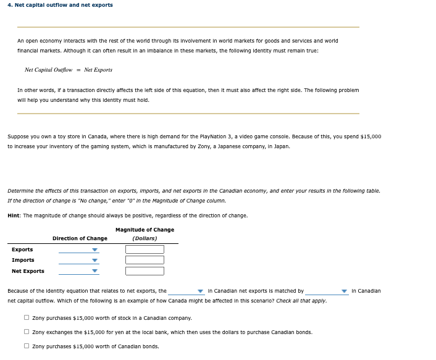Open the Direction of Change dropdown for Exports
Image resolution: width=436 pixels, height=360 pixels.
tap(78, 249)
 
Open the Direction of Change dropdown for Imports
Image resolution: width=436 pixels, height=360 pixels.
tap(78, 260)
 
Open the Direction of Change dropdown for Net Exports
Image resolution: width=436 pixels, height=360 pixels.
tap(78, 270)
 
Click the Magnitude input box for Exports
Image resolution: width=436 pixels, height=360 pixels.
tap(145, 249)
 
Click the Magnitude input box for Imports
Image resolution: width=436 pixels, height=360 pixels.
tap(145, 260)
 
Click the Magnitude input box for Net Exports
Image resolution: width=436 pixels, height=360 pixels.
tap(145, 270)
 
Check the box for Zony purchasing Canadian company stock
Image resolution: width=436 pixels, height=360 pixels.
tap(27, 318)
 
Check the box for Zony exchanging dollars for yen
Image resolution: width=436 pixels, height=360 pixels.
tap(27, 332)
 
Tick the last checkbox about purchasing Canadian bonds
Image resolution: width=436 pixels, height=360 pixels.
tap(27, 346)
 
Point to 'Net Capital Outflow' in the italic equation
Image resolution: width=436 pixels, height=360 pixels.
tap(48, 70)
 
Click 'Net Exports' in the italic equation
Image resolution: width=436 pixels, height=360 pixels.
tap(98, 70)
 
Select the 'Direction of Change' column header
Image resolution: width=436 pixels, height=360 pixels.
tap(80, 238)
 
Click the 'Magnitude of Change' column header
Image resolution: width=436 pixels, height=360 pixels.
tap(145, 230)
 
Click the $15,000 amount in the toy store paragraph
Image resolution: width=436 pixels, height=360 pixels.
tap(371, 136)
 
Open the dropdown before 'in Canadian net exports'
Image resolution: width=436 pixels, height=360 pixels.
tap(186, 291)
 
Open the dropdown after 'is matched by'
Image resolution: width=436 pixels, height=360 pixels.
tap(327, 291)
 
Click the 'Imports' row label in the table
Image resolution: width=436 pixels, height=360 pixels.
tap(23, 260)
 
